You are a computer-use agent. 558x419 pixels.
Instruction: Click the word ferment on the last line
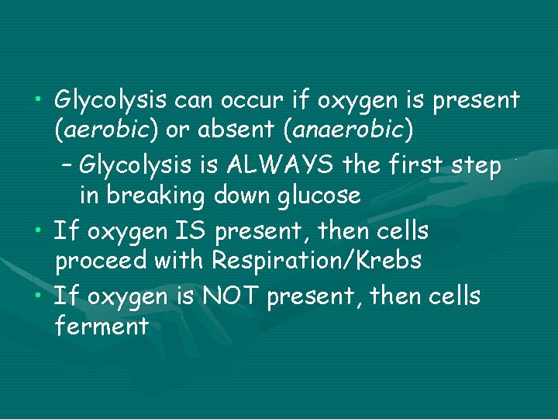coord(102,327)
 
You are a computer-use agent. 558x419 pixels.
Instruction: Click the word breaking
coord(151,196)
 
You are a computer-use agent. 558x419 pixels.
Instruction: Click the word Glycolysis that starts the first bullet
coord(112,100)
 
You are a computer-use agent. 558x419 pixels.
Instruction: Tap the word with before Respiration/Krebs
coord(181,261)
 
